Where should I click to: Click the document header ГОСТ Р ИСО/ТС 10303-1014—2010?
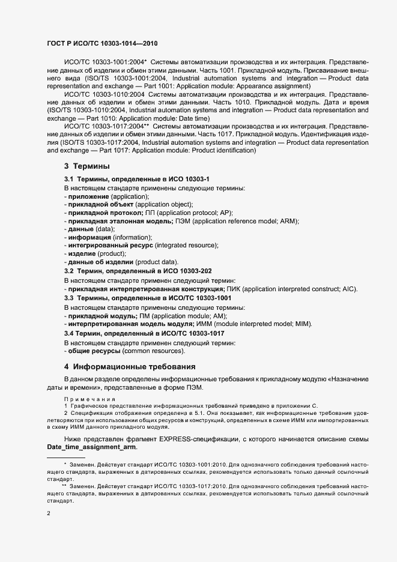click(102, 44)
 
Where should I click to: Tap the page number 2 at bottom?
click(49, 513)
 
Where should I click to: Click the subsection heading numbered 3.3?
click(148, 298)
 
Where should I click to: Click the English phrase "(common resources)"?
click(154, 350)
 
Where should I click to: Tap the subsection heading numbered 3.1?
click(137, 180)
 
